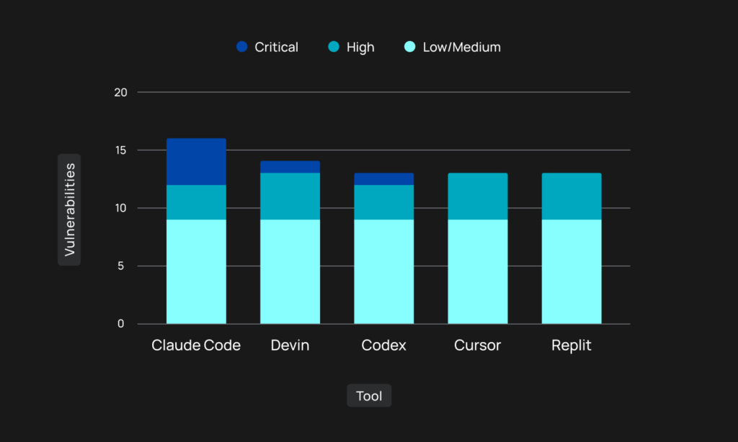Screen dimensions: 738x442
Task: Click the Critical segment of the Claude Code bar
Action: click(x=196, y=162)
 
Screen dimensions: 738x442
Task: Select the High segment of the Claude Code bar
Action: click(x=196, y=202)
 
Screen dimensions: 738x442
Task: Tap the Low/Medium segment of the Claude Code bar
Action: click(x=196, y=272)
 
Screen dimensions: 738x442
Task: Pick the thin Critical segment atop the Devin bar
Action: click(x=290, y=167)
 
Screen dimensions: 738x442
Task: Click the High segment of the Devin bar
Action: click(x=290, y=196)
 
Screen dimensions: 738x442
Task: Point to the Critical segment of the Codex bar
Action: click(x=384, y=179)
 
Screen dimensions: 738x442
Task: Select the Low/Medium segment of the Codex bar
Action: click(x=384, y=272)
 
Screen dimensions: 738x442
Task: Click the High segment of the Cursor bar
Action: click(x=478, y=196)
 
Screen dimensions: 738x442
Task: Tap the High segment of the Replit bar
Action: click(x=572, y=196)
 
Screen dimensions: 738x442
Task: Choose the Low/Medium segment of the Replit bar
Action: click(x=572, y=272)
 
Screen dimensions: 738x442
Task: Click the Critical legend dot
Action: click(x=242, y=47)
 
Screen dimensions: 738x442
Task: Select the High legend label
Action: click(x=360, y=48)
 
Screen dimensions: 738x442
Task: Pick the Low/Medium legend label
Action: click(x=462, y=47)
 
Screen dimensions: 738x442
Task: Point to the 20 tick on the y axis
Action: click(x=120, y=93)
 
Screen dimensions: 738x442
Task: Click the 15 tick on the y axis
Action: click(x=120, y=150)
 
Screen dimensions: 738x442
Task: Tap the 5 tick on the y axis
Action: click(x=121, y=266)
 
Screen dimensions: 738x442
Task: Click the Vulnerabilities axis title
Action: click(x=70, y=209)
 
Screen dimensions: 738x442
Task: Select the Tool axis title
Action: click(x=369, y=396)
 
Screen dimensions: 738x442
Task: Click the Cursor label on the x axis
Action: click(x=477, y=345)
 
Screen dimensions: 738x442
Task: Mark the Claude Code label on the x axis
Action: click(x=196, y=345)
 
